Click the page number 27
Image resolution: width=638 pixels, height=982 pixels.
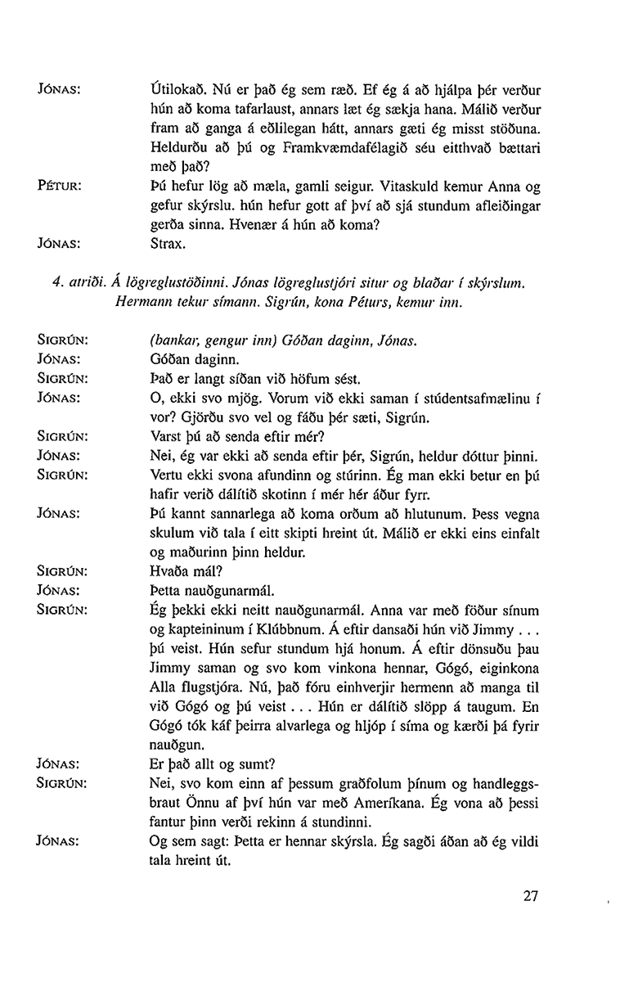530,895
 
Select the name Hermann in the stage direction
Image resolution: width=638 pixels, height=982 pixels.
144,303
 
